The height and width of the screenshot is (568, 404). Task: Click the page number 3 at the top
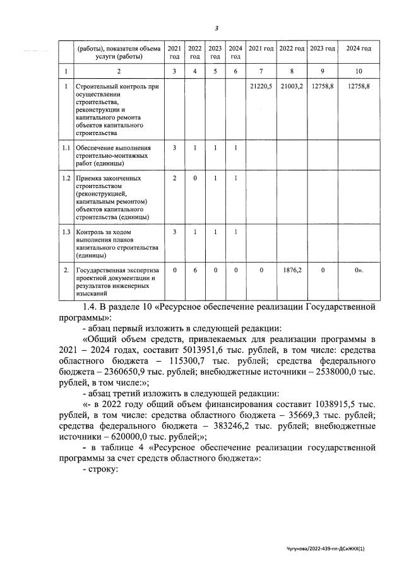[217, 28]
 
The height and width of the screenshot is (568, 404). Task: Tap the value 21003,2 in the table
[292, 86]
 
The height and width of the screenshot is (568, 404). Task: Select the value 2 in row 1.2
[174, 179]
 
